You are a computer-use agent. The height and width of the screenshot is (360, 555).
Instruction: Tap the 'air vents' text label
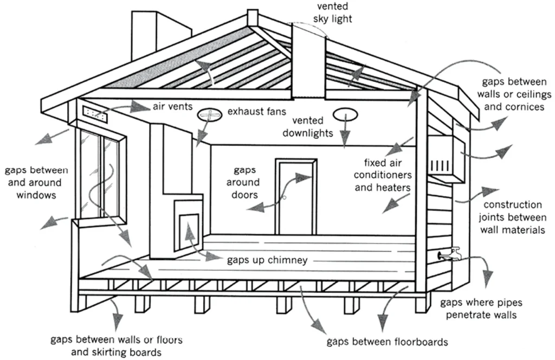pos(172,106)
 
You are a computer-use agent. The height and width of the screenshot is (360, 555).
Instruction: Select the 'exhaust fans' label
pos(256,112)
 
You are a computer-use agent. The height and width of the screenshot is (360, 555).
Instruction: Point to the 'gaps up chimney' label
pos(267,260)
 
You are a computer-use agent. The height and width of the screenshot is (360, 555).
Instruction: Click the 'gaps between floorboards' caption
pos(387,342)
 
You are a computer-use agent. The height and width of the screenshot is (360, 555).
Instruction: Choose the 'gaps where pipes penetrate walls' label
pos(481,308)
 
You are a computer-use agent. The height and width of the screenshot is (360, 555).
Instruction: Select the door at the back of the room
pos(295,196)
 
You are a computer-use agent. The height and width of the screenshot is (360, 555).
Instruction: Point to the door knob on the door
pos(283,200)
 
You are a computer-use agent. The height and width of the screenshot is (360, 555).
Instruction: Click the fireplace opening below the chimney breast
pos(187,228)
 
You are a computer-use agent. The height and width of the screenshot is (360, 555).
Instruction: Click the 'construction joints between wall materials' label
pos(512,217)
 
